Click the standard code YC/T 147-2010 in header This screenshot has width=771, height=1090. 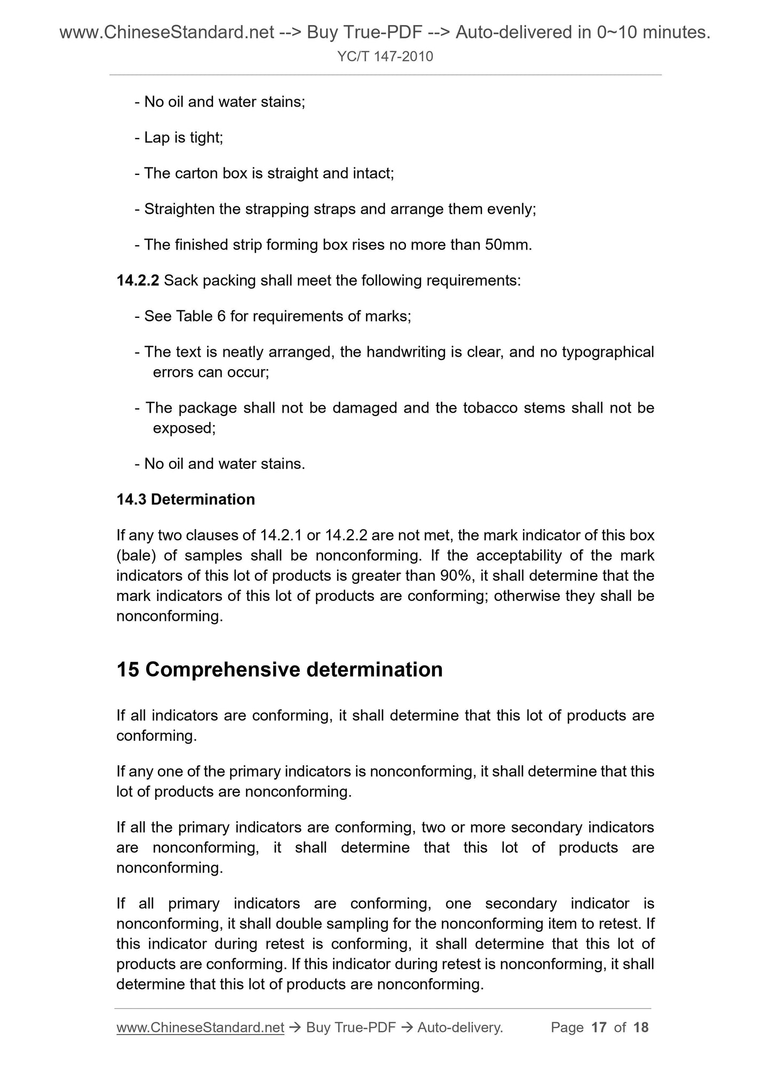click(385, 57)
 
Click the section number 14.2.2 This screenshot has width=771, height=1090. click(138, 280)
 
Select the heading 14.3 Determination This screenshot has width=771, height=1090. click(186, 500)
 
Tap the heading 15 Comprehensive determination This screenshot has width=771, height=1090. click(280, 670)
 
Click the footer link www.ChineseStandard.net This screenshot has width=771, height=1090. click(200, 1028)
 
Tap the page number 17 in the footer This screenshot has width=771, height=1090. click(599, 1028)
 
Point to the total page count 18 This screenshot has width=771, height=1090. click(641, 1028)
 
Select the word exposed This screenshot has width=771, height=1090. click(183, 428)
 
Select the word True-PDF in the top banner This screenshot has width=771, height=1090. click(371, 33)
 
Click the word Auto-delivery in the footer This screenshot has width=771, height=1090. click(459, 1028)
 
